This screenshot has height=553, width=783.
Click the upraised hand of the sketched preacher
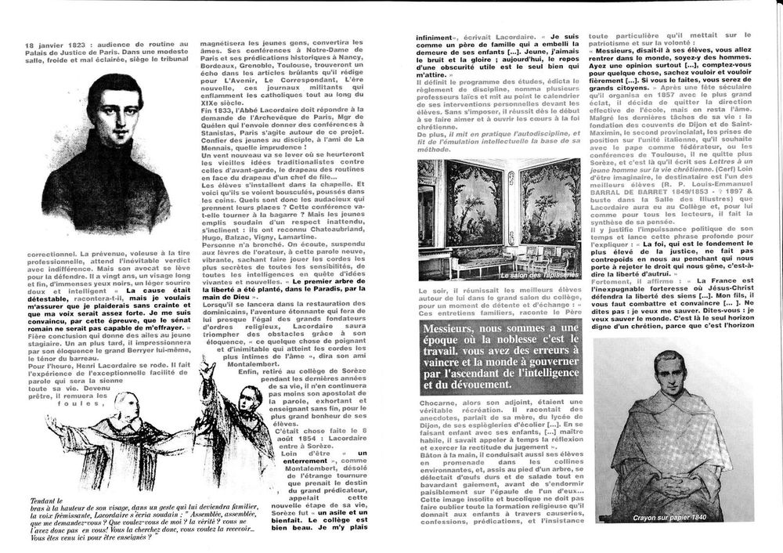click(x=206, y=367)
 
